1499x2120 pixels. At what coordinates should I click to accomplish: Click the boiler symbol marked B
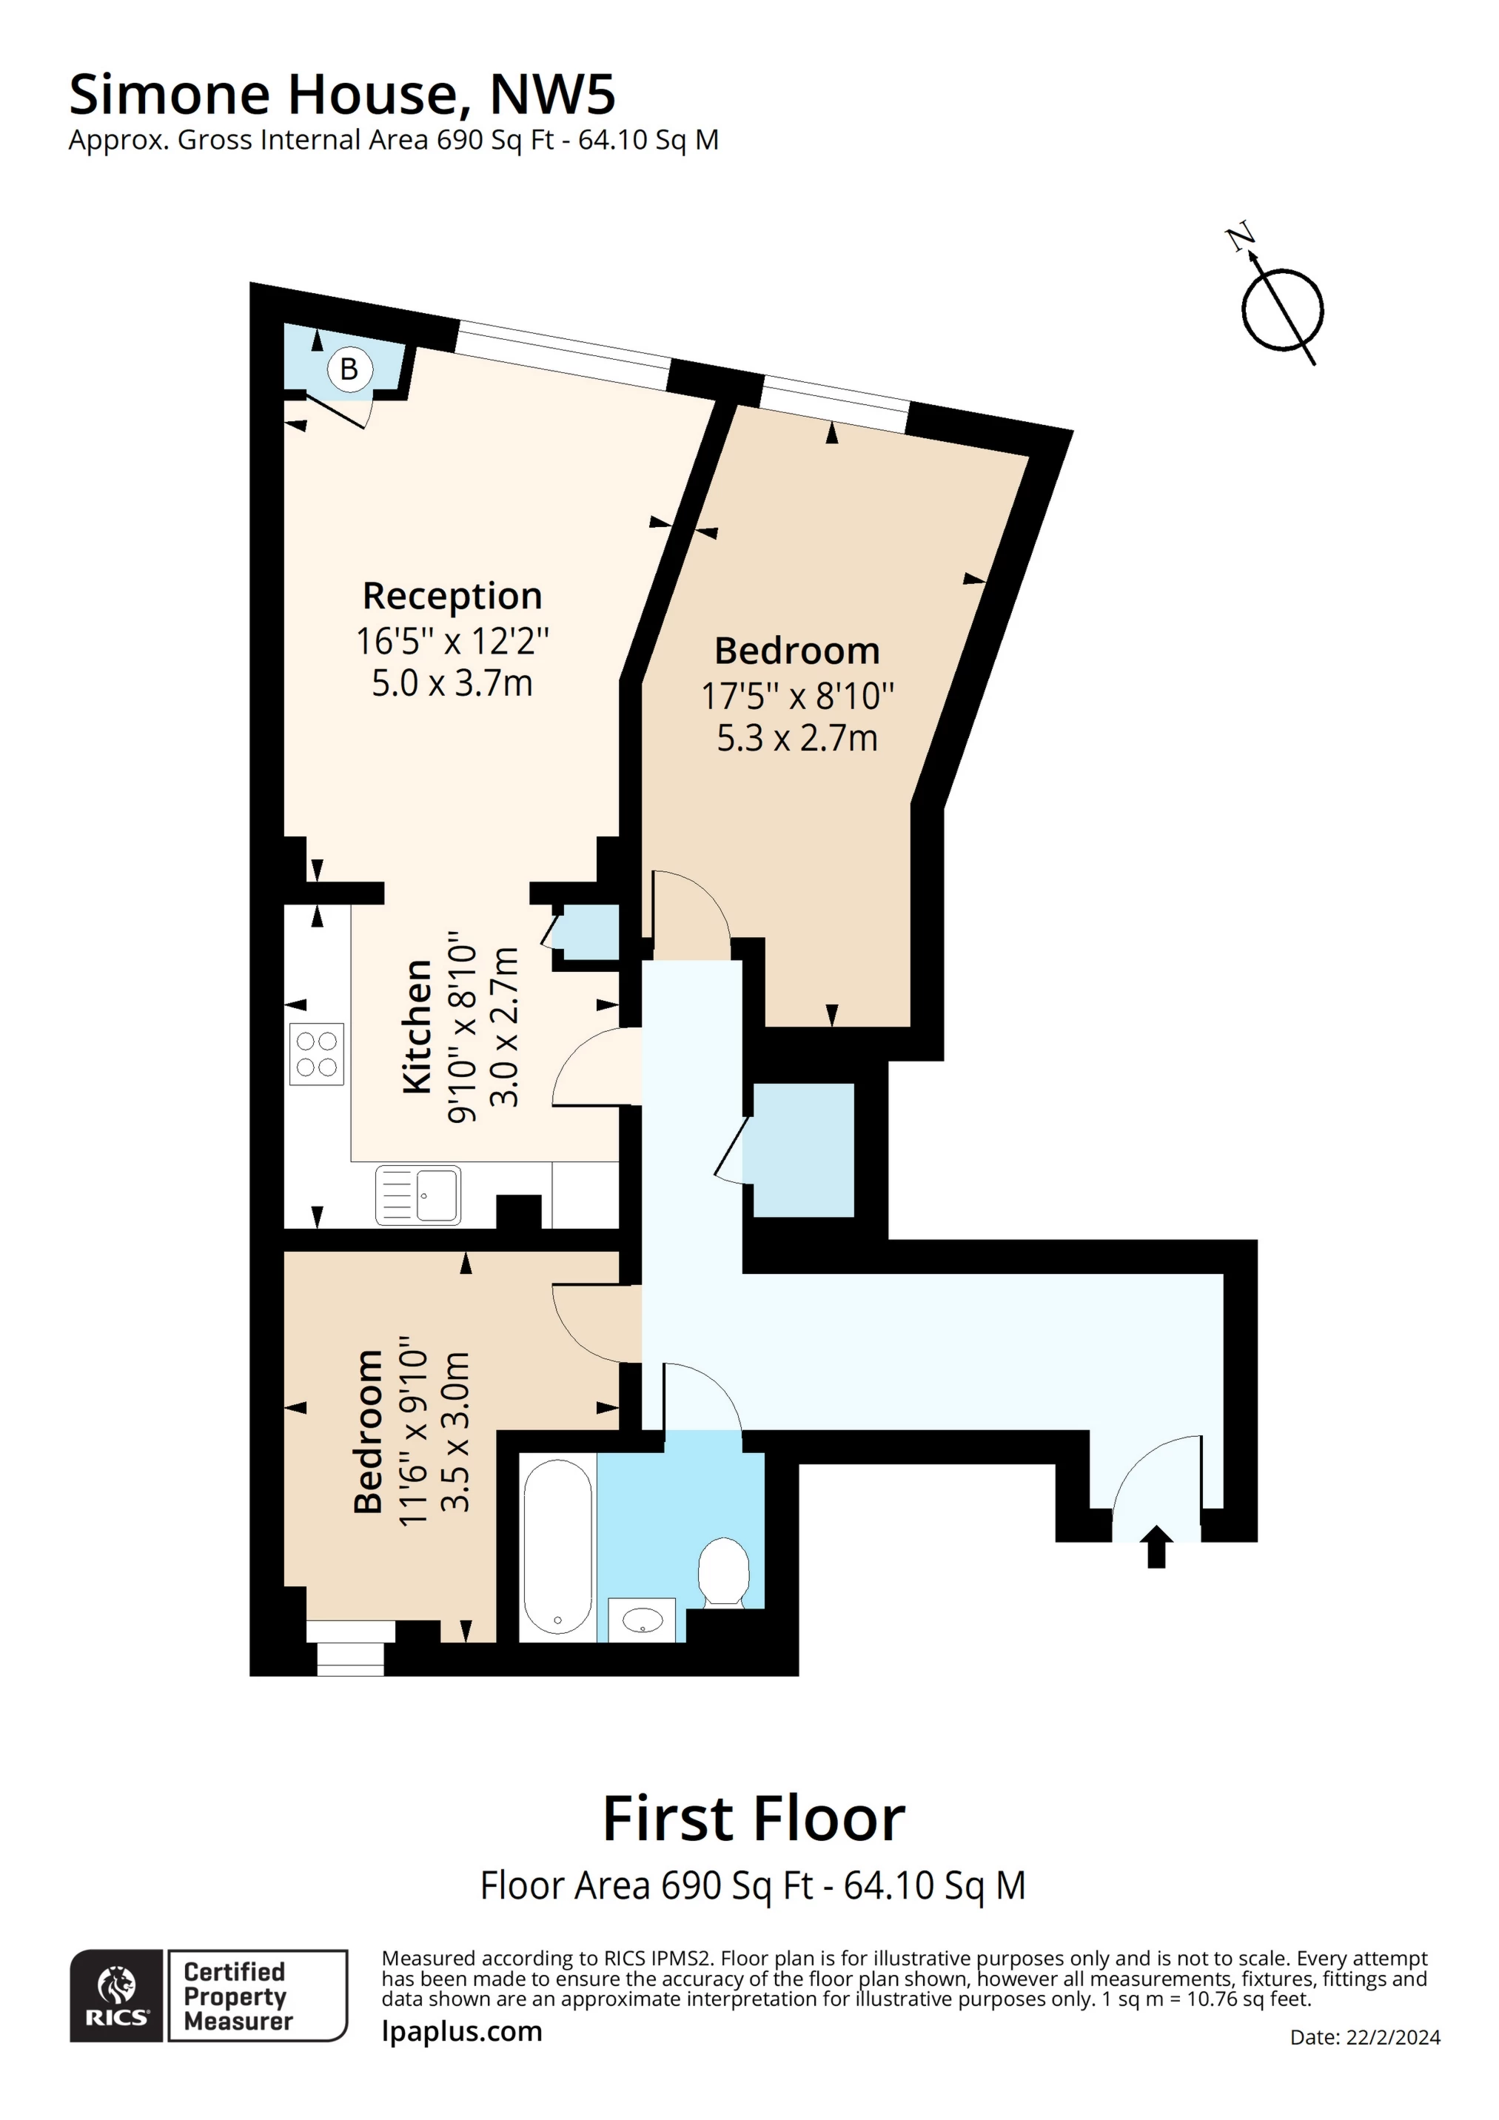pos(349,369)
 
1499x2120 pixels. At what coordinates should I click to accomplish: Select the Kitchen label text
pos(417,1027)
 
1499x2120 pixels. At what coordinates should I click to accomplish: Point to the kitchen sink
pos(417,1195)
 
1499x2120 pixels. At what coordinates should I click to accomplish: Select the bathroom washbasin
pos(642,1620)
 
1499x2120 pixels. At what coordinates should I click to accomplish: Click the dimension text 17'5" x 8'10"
pos(798,697)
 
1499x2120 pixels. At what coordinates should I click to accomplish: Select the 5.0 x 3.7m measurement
pos(452,683)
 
